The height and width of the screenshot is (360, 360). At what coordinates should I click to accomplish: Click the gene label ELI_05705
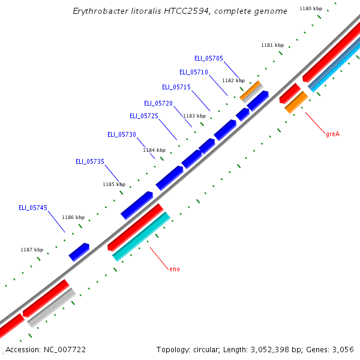click(x=208, y=58)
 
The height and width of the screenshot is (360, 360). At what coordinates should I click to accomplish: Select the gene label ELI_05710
click(x=193, y=72)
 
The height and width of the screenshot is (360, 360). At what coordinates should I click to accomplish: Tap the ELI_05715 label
click(x=176, y=87)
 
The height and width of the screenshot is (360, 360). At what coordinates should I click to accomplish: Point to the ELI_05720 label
click(x=158, y=103)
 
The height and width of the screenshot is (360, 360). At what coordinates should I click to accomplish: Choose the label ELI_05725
click(x=144, y=116)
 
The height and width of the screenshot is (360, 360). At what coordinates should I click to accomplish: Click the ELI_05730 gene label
click(x=122, y=134)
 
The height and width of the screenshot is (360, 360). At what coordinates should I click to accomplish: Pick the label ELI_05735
click(x=90, y=161)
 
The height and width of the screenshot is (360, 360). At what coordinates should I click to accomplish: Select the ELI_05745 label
click(x=33, y=208)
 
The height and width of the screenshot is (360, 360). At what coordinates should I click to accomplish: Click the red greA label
click(x=332, y=134)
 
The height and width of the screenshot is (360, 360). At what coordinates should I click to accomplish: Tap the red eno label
click(x=175, y=269)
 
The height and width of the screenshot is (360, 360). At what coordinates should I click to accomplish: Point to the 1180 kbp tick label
click(x=310, y=9)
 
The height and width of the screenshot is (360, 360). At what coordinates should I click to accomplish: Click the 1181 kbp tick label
click(x=272, y=45)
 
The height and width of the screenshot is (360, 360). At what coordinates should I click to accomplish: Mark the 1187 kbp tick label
click(x=32, y=250)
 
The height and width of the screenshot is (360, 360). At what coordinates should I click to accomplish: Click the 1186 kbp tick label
click(x=73, y=217)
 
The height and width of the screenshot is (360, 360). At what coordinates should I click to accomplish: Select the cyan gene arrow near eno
click(x=142, y=237)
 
